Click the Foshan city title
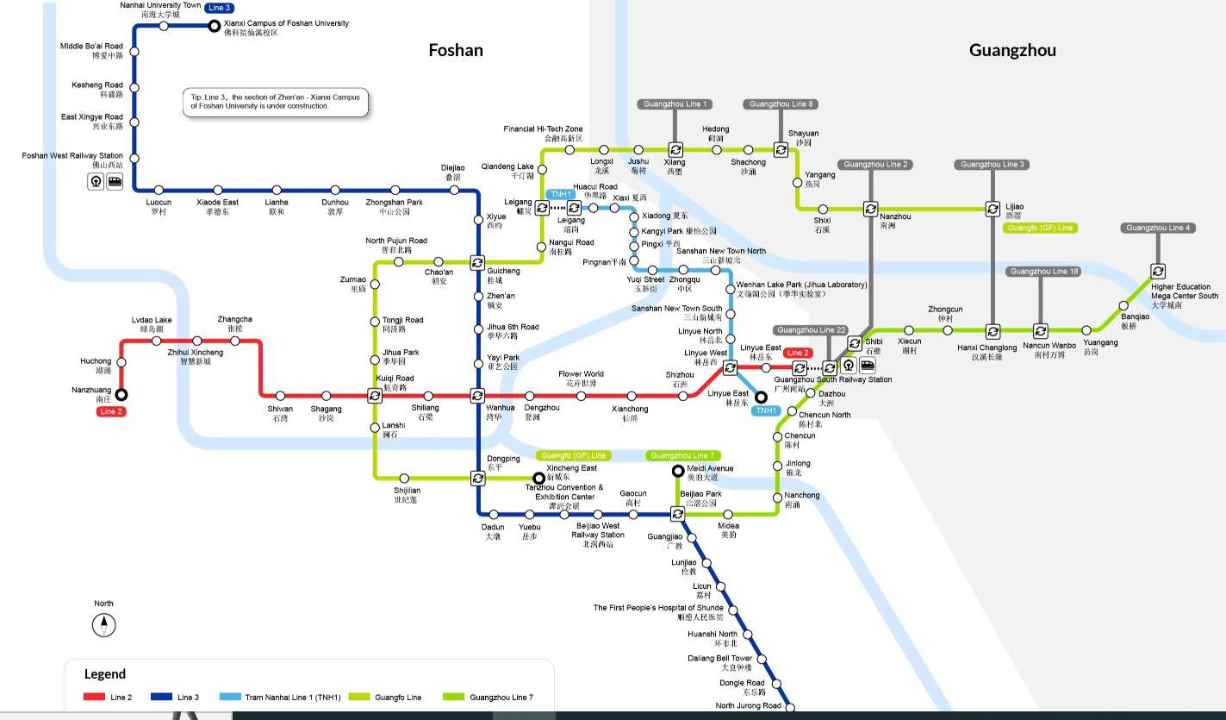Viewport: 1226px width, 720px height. pos(456,50)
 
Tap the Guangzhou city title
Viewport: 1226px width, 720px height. pos(1012,50)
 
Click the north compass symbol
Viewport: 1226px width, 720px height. pos(103,625)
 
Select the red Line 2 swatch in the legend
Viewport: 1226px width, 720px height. pos(94,697)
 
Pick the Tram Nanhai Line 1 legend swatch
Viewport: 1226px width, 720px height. pos(230,697)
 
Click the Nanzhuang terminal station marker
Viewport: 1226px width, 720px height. pos(121,395)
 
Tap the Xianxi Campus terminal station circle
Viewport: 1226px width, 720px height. pos(215,26)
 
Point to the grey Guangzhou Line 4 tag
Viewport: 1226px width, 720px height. pos(1157,228)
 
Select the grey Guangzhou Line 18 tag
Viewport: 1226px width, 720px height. pos(1042,272)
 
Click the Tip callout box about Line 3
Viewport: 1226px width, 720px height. pos(275,101)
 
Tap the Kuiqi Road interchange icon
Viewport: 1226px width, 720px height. pos(375,396)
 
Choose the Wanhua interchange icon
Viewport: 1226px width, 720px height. pos(477,396)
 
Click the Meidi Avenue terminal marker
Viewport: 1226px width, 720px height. pos(677,470)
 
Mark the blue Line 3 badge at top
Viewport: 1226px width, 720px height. pos(218,8)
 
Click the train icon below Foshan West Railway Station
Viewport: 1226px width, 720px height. pos(115,181)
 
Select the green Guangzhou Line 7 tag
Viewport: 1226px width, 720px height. pos(682,455)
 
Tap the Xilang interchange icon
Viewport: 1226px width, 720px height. pos(675,149)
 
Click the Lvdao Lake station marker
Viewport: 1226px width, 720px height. pos(157,341)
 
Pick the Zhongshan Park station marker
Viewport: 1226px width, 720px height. pos(395,190)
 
